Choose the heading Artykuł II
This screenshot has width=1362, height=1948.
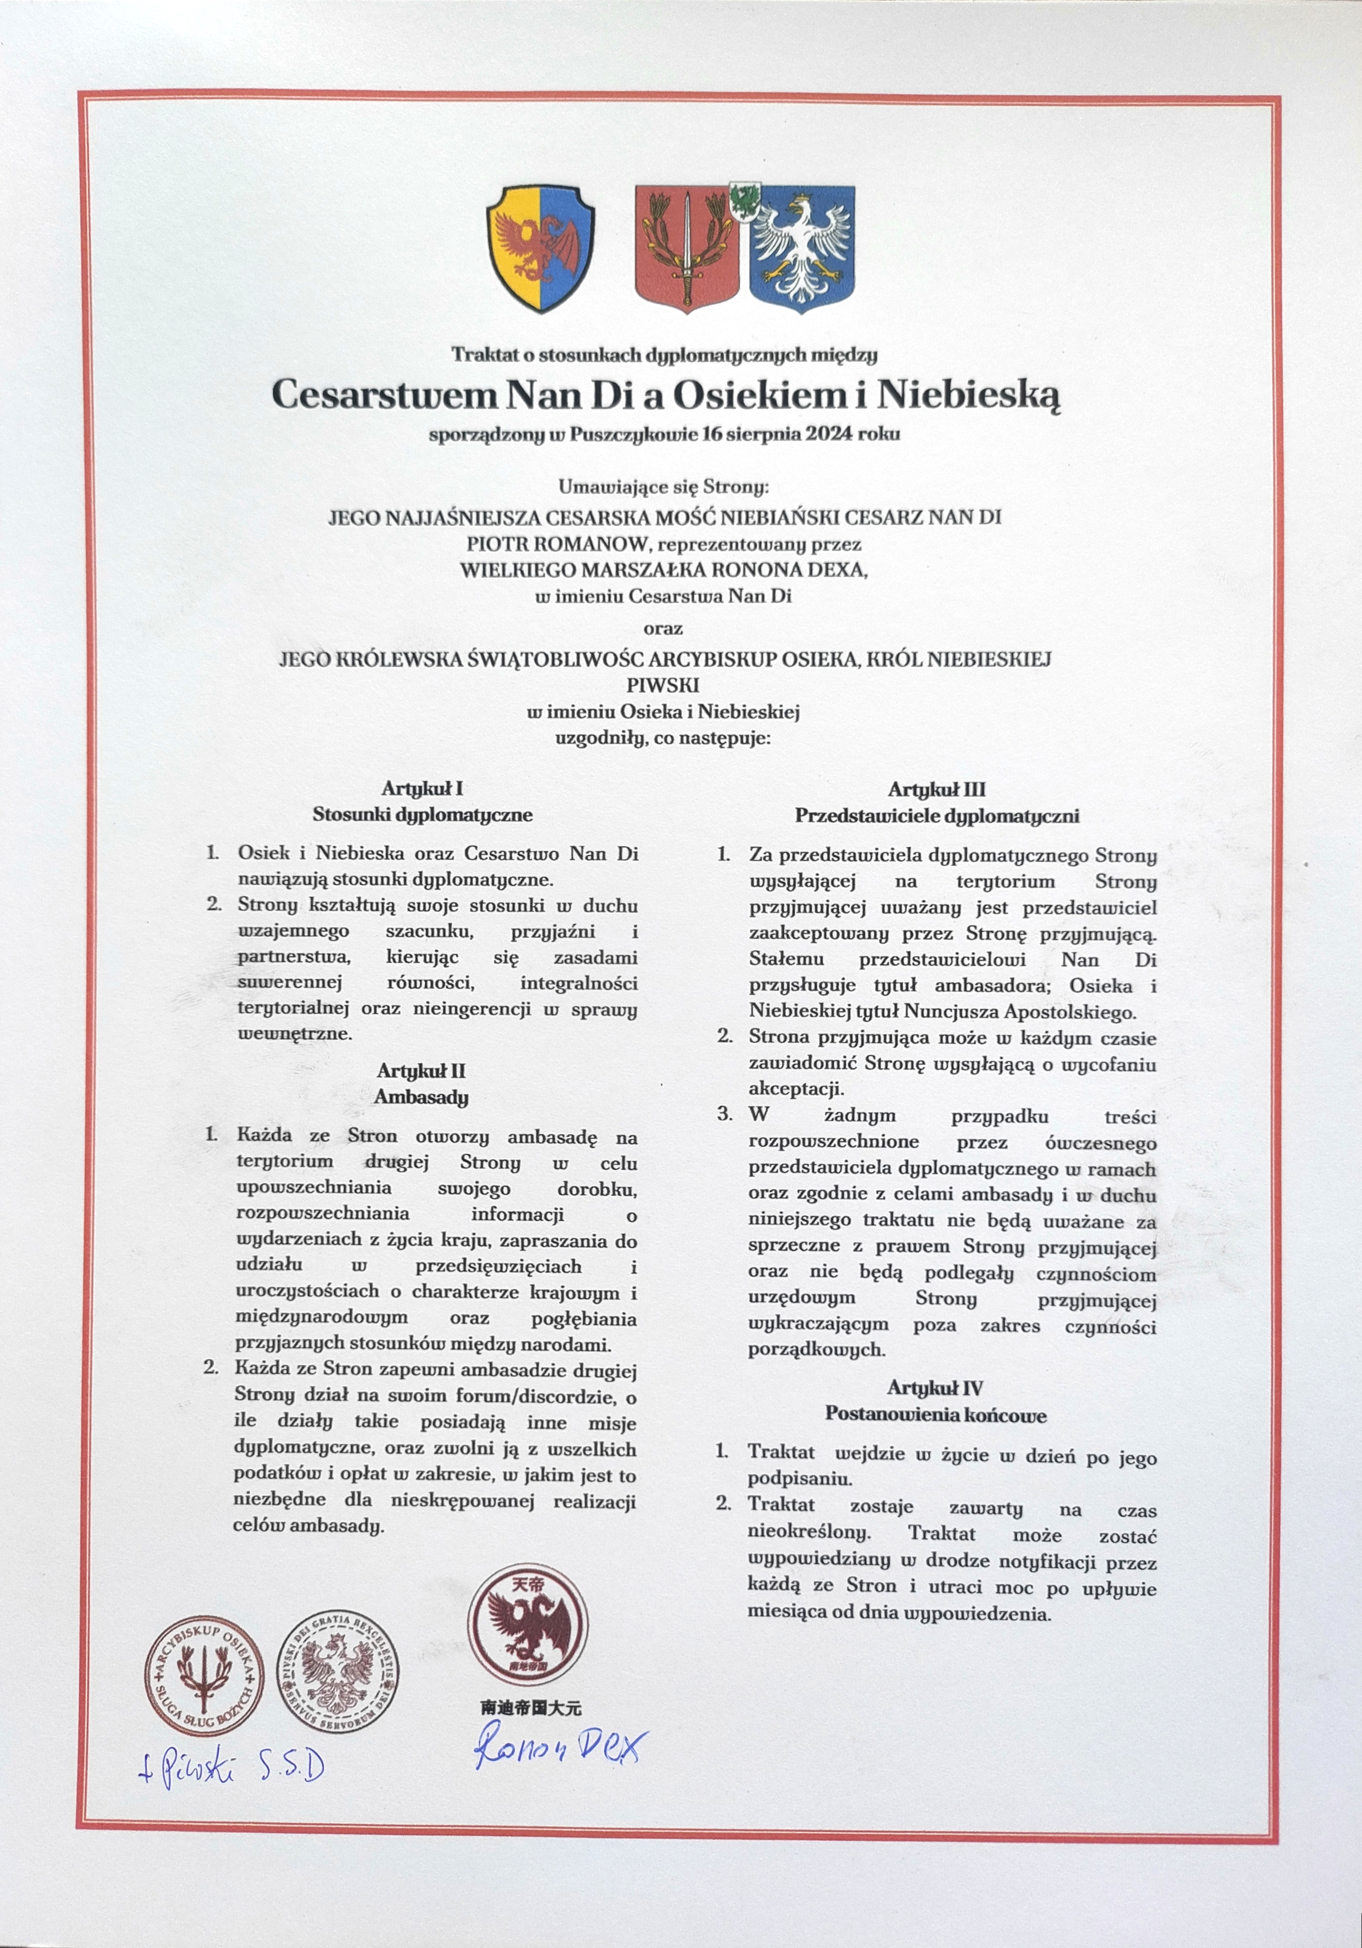click(x=422, y=1071)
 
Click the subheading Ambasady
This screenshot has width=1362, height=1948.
click(x=422, y=1098)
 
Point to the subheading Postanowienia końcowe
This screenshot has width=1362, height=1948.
click(x=936, y=1415)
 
